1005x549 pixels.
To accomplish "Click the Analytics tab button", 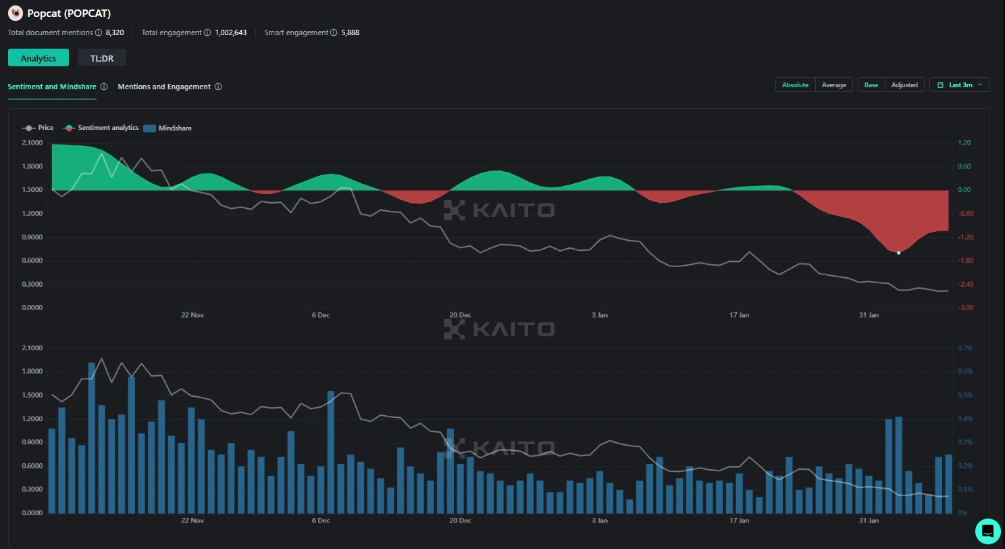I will pos(38,58).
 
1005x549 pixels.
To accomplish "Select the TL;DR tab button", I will pos(102,58).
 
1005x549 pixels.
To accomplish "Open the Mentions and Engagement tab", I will pos(164,87).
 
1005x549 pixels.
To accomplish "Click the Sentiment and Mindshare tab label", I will pos(52,87).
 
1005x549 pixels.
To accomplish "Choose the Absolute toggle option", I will pos(795,85).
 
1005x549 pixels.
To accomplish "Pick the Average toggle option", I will pos(834,85).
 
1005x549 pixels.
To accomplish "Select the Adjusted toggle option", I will pos(904,85).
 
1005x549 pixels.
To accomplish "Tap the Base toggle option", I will pos(871,85).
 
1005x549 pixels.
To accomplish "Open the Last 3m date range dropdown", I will pos(960,85).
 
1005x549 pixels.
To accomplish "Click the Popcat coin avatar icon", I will pos(15,13).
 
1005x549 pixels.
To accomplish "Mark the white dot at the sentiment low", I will pos(898,252).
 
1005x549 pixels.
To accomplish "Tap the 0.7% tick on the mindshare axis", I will pos(965,348).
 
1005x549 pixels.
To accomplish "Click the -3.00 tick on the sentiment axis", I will pos(965,308).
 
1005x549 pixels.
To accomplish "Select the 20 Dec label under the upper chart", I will pos(460,315).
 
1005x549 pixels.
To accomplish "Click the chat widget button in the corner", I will pos(987,530).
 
